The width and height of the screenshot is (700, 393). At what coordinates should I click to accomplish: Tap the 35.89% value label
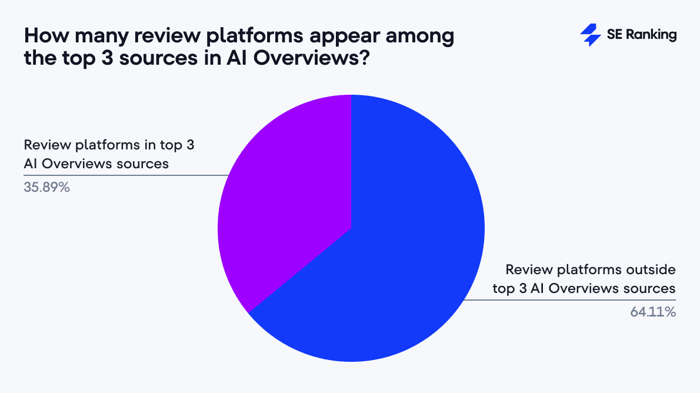coord(47,189)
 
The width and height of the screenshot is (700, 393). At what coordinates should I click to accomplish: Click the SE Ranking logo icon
coord(590,35)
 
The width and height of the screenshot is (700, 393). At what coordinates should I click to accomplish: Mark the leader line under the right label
coord(571,300)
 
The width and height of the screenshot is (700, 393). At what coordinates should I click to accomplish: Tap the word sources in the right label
coord(650,288)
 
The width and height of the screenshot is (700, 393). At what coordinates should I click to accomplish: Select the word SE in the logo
coord(614,35)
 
